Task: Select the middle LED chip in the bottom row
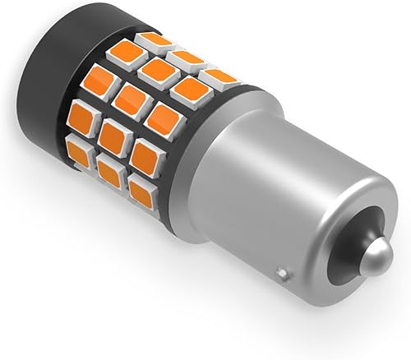pyautogui.click(x=109, y=170)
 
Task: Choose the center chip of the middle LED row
pyautogui.click(x=131, y=101)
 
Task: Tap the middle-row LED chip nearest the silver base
pyautogui.click(x=164, y=120)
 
